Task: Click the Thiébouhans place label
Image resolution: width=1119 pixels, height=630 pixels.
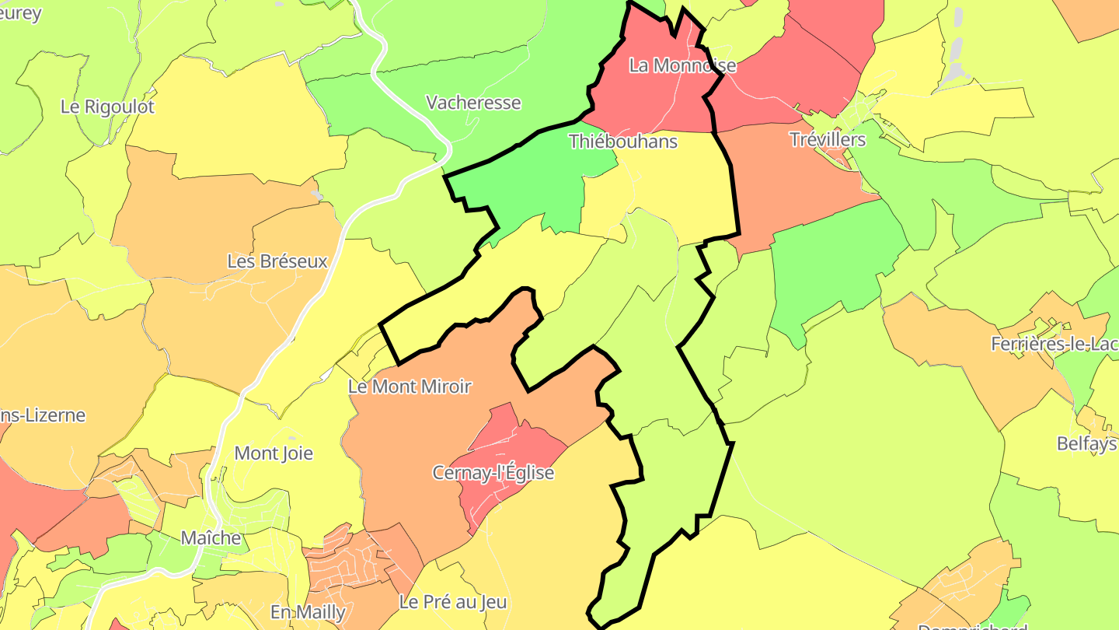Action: [623, 142]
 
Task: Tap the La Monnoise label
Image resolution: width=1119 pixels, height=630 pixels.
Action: [682, 65]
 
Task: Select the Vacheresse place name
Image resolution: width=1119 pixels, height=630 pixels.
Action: [473, 103]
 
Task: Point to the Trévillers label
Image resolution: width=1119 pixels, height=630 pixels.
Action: [827, 140]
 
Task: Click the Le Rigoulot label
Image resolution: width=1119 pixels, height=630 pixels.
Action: [107, 107]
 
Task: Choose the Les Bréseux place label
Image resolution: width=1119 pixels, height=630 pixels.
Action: [277, 261]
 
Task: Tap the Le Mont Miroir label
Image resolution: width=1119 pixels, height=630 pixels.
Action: [410, 387]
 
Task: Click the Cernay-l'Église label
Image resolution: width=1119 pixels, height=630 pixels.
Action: [493, 473]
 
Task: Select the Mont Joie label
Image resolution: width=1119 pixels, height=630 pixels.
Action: [274, 453]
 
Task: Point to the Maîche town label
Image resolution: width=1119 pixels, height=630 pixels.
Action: [211, 537]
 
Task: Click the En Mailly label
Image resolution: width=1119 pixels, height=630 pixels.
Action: [308, 612]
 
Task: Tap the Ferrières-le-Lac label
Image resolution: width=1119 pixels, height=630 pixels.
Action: [1054, 344]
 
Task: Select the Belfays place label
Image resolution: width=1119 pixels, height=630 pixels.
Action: [1086, 443]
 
